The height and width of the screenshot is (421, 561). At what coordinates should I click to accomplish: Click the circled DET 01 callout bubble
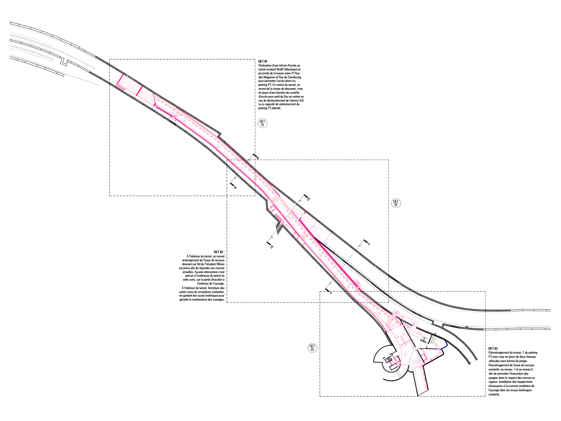click(x=263, y=123)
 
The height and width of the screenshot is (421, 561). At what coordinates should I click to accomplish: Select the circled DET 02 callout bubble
click(x=396, y=203)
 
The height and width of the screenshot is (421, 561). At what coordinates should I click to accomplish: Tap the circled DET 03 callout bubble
click(x=312, y=348)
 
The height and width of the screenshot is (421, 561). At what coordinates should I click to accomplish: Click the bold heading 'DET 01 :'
click(x=263, y=61)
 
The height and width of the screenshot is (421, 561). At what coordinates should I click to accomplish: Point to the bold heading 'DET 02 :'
click(x=219, y=252)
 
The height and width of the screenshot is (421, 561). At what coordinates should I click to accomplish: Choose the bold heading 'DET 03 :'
click(x=494, y=349)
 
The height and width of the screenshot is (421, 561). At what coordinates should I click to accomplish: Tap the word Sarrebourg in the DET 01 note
click(x=294, y=77)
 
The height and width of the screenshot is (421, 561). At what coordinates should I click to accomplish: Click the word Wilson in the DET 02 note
click(x=220, y=264)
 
